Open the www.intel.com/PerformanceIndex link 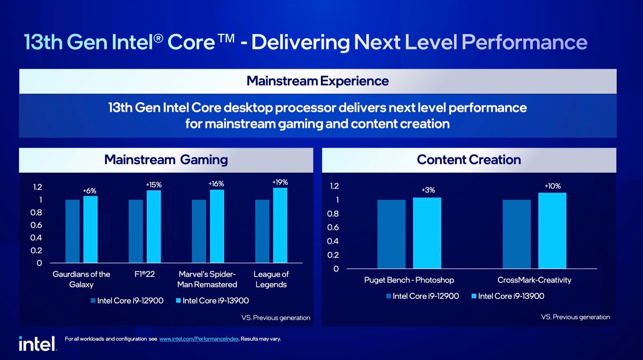pos(199,339)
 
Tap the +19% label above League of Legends pos(280,182)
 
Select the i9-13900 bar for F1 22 pos(154,227)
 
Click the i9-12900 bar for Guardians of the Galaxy pos(72,231)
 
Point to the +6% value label pos(89,191)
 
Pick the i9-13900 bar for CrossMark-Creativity pos(552,231)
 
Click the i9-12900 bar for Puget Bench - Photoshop pos(391,234)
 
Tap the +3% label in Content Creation pos(428,190)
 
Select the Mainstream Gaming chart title pos(166,160)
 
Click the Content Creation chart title pos(469,160)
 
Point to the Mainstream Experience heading pos(317,81)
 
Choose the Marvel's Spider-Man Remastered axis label pos(207,279)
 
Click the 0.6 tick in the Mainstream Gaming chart pos(36,225)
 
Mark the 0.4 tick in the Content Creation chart pos(333,241)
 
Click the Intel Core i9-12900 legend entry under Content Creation pos(422,296)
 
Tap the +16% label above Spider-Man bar pos(216,184)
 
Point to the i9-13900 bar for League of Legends pos(280,225)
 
